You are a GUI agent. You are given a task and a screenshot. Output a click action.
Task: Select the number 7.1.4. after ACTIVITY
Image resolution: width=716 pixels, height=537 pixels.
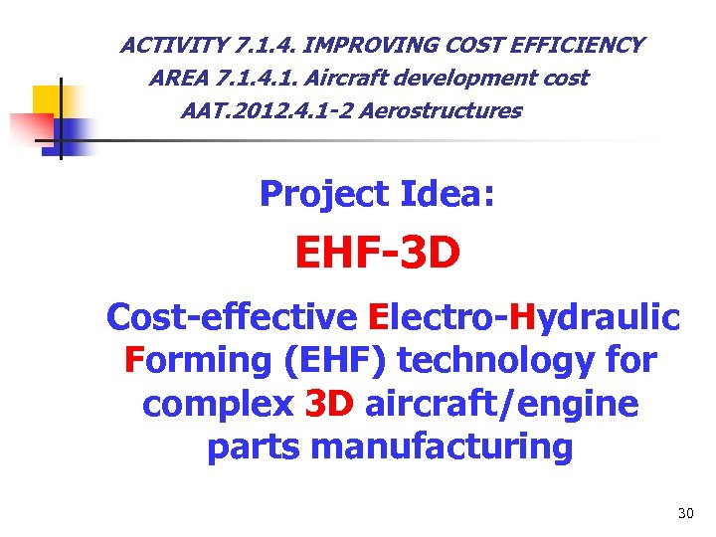point(257,46)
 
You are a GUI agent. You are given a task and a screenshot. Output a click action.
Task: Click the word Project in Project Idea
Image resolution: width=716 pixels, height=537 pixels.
point(324,194)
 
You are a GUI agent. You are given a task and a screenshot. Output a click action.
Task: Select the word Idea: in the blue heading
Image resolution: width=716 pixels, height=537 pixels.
point(447,194)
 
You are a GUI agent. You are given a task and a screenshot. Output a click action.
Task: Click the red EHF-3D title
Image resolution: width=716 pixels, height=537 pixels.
point(377,253)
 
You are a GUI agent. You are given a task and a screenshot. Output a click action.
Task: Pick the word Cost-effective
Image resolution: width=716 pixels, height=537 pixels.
point(232,317)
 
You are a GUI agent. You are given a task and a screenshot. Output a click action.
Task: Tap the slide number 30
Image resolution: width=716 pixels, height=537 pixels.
point(684,513)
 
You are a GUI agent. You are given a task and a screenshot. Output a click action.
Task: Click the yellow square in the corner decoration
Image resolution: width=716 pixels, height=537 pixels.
point(48,100)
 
